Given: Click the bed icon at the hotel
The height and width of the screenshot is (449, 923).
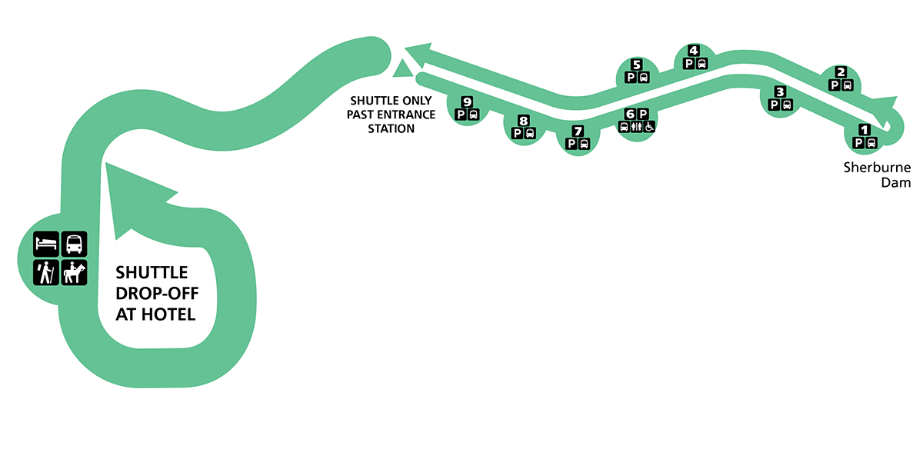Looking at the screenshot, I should point(46,244).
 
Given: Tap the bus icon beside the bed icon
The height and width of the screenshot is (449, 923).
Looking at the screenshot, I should point(75,244).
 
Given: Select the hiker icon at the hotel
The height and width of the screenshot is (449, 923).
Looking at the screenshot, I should point(46,273).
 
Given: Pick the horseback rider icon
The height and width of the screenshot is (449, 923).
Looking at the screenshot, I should point(75,273).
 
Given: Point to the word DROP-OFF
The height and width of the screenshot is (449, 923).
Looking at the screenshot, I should point(152,293).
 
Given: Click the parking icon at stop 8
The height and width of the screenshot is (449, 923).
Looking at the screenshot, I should point(518,133).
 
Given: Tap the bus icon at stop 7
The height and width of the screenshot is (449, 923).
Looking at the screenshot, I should point(584,143).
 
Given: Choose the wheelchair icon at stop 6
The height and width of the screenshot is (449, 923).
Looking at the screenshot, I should point(649,127).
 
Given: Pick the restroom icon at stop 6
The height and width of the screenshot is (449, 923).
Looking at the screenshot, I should point(636,127).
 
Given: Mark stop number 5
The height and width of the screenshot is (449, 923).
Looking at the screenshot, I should point(636,65).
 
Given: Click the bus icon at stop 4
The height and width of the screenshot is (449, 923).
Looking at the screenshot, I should point(701,64).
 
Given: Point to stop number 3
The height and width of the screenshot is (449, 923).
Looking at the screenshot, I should point(780,92).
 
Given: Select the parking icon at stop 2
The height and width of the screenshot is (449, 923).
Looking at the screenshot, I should point(835,85).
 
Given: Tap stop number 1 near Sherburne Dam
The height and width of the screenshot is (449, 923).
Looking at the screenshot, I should point(865,130).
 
